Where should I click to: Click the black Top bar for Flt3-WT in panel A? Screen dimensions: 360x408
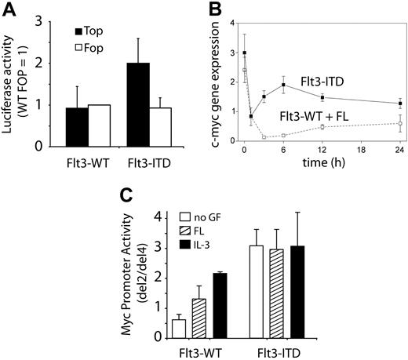pyautogui.click(x=76, y=127)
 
